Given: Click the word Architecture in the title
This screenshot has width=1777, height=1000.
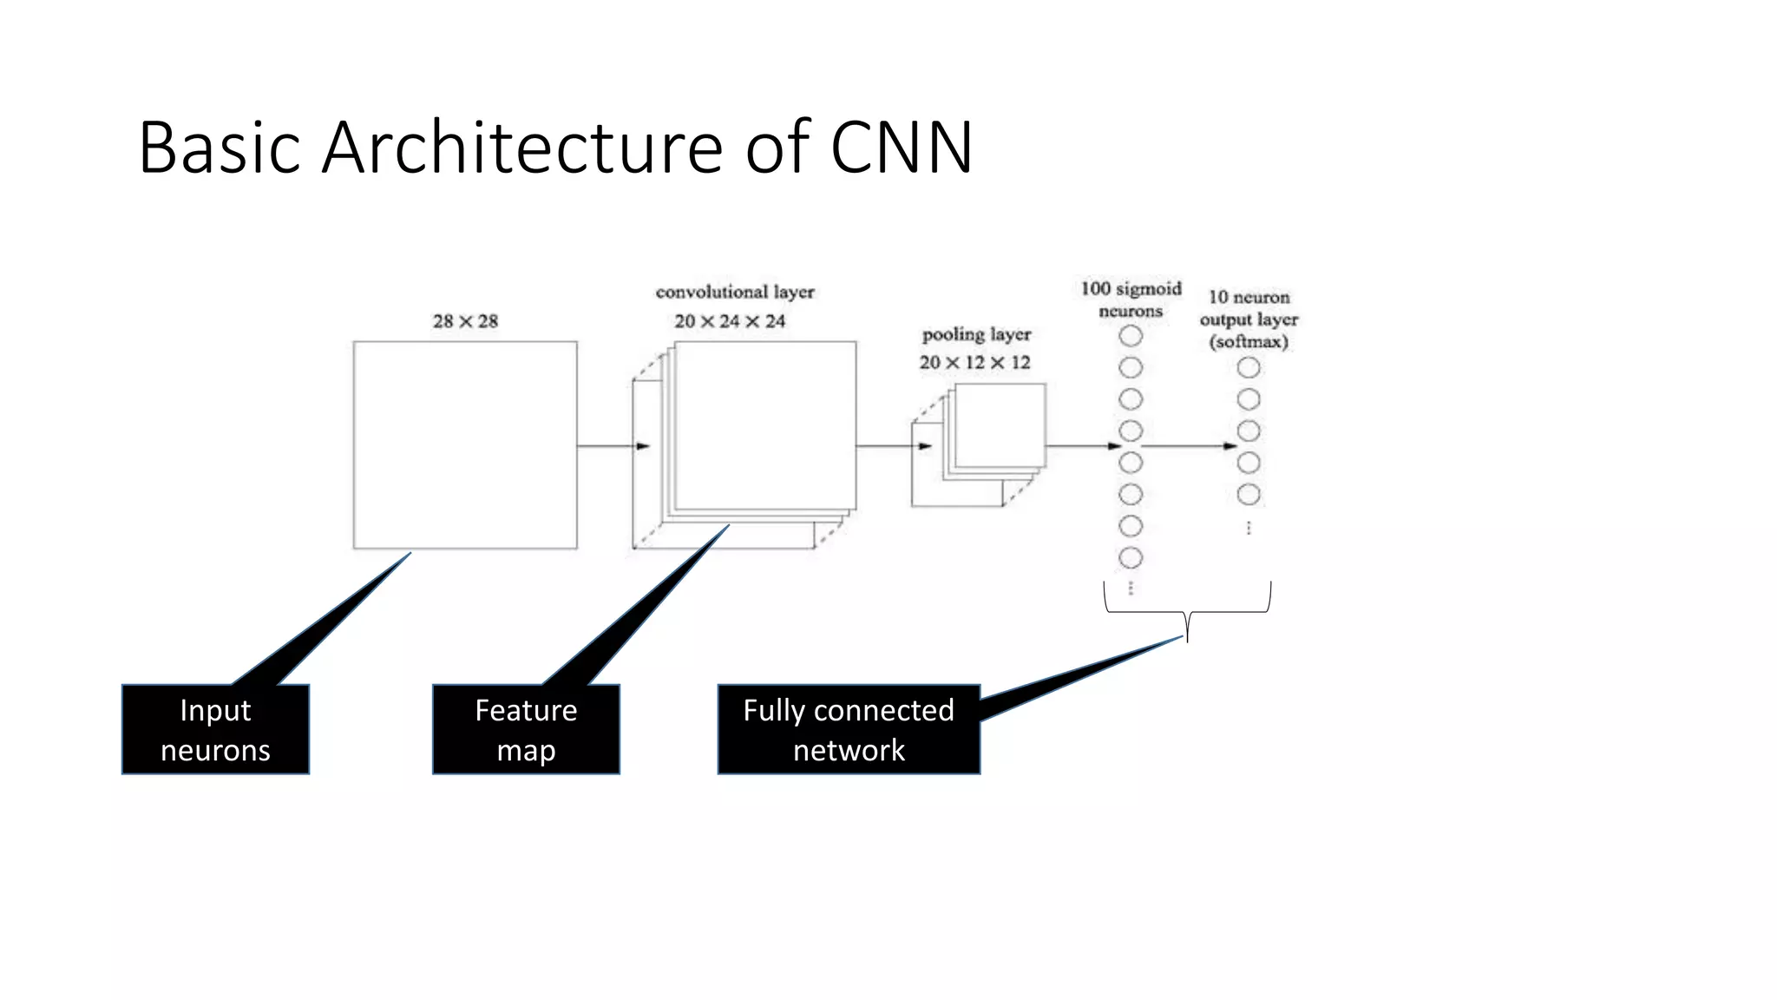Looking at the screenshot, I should tap(521, 148).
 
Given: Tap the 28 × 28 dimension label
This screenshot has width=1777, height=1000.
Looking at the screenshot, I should tap(465, 321).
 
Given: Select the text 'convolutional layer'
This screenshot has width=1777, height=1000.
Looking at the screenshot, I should tap(735, 293).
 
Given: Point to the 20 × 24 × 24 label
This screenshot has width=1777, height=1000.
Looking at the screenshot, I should tap(730, 321).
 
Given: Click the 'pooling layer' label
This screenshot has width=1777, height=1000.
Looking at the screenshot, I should tap(976, 335).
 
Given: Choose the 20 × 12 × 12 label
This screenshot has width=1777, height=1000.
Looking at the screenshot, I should tap(975, 363).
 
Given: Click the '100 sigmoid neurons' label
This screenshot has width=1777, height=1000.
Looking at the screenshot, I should tap(1131, 299).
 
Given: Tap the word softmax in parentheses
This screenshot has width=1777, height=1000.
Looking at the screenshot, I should tap(1249, 342).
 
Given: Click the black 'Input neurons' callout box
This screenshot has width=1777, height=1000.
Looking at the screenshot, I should tap(215, 729).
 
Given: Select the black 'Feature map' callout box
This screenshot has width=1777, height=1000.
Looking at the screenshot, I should tap(526, 729).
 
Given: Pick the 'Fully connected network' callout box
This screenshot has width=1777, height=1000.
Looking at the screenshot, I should tap(849, 729).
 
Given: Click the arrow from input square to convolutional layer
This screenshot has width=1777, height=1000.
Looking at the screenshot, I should tap(613, 446).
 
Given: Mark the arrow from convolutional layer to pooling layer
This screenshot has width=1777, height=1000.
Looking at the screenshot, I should tap(894, 446).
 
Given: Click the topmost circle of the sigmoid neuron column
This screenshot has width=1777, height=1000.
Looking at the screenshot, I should tap(1131, 336).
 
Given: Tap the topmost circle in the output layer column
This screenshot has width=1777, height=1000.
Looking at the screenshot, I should tap(1249, 368).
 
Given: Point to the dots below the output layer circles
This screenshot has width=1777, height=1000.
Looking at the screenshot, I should tap(1249, 528).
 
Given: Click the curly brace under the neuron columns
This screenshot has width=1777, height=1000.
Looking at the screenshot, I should tap(1187, 612).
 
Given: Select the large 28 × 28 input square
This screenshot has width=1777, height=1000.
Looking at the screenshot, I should tap(465, 444).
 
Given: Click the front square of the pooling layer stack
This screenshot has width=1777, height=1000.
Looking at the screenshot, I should tap(1000, 425).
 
